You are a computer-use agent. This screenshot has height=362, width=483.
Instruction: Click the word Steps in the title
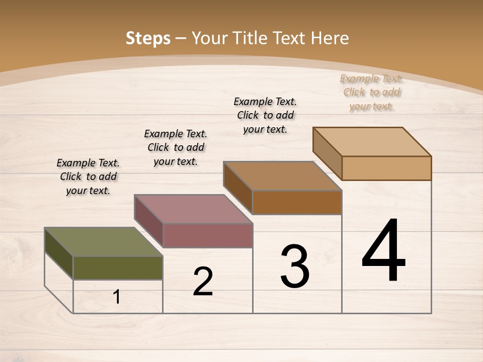point(147,38)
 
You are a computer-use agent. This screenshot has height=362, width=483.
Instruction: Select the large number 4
point(383,251)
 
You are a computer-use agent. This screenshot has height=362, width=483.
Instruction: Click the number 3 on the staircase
point(295,266)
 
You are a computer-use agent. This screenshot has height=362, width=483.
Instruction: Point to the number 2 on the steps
point(203,282)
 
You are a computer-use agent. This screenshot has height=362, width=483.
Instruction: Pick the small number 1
point(117,297)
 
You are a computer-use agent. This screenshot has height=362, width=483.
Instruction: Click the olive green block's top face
point(103,242)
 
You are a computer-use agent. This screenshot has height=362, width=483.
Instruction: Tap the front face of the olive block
point(118,268)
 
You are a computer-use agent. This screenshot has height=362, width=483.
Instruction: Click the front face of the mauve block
point(208,235)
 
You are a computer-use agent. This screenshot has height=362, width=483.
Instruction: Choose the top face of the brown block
point(282,176)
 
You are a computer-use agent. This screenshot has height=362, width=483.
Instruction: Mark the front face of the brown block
point(297,202)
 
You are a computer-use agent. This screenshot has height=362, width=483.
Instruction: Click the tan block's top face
point(372,142)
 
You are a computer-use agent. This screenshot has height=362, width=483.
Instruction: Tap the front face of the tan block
point(386,168)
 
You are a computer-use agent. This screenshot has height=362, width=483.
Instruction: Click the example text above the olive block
point(88,176)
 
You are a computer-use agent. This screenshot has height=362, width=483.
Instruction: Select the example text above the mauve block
point(176,147)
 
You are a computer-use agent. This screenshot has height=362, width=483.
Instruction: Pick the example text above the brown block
point(265,115)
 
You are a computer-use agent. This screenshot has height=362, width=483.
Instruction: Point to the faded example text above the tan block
point(371,92)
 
